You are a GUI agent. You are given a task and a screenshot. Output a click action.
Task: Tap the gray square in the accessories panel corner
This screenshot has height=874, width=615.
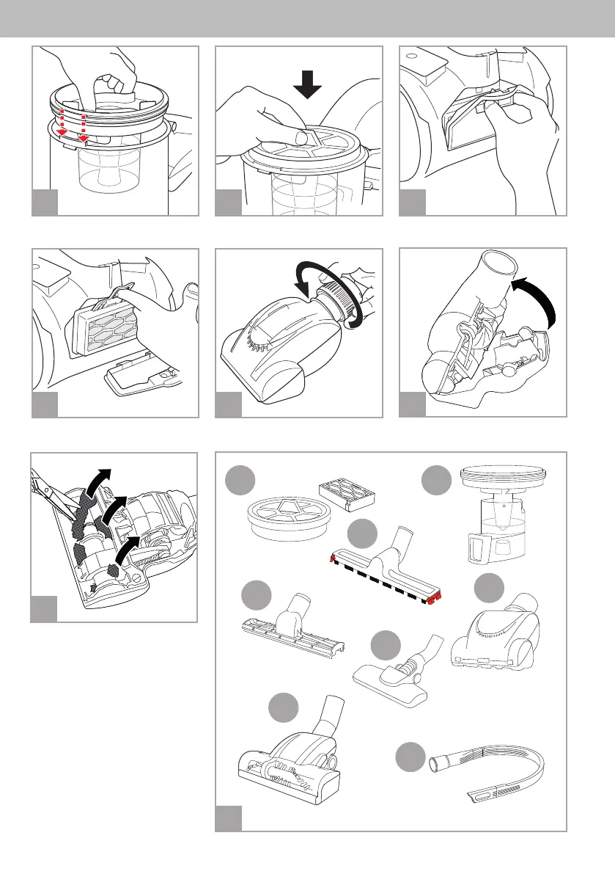click(x=228, y=818)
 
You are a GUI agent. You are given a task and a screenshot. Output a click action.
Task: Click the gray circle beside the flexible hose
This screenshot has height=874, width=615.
click(x=410, y=757)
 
